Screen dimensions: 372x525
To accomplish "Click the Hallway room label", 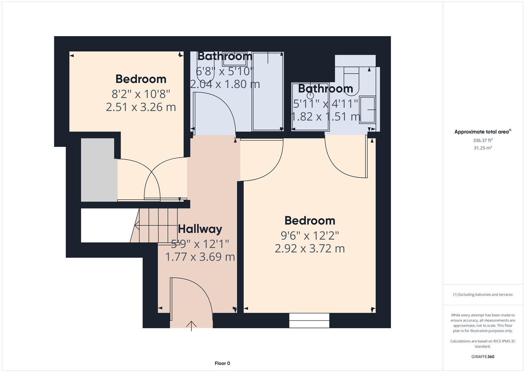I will [200, 229].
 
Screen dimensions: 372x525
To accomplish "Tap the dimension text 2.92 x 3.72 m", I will [309, 248].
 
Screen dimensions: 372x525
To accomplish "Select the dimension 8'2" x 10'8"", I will [141, 94].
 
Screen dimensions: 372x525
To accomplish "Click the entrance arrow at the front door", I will [191, 325].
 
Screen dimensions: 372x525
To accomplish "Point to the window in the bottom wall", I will [309, 320].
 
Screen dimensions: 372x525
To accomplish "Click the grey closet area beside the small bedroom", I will [98, 169].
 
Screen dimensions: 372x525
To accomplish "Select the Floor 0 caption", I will [222, 363].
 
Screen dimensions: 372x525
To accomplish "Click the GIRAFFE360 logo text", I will [483, 356].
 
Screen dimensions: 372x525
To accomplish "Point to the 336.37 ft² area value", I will [483, 141].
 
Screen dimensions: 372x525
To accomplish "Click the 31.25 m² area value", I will [483, 148].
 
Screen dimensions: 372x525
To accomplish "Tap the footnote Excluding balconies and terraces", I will [483, 294].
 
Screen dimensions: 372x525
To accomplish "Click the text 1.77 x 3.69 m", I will [200, 257].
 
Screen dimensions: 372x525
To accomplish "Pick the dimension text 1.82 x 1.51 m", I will [325, 116].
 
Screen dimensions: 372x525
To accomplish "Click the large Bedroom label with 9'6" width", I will [309, 220].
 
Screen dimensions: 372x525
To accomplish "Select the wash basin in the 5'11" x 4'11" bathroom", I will [368, 110].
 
